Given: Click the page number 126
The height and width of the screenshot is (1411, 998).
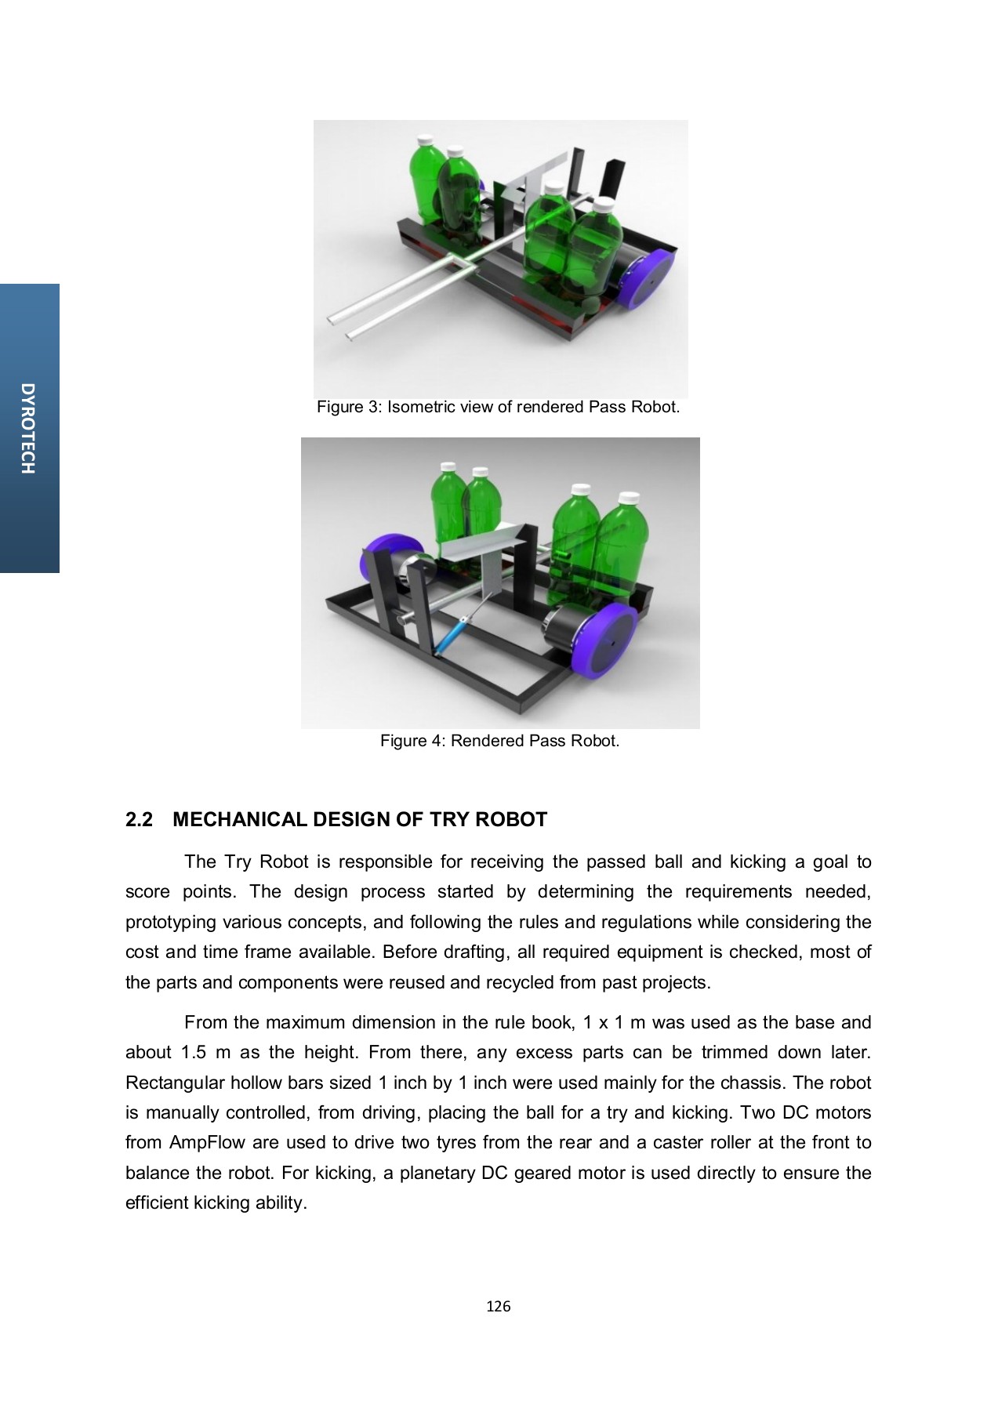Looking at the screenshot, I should pos(498,1306).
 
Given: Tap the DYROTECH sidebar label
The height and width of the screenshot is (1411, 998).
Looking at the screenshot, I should pos(28,428).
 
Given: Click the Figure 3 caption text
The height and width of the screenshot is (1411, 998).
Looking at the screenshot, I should pos(498,407).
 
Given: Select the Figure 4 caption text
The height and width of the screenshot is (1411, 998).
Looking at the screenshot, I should pos(499,741).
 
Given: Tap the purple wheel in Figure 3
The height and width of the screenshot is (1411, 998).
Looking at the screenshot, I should pos(648,278).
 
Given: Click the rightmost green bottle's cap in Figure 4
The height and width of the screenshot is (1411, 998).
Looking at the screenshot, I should pos(627,498).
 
